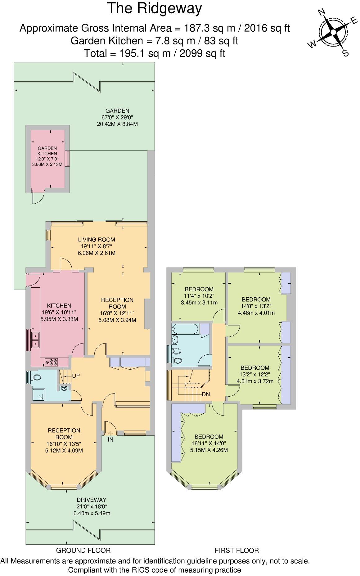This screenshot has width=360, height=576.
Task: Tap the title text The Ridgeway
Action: (154, 9)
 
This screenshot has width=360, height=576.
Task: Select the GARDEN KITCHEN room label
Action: (47, 151)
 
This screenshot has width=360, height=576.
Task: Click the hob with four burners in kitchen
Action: (52, 361)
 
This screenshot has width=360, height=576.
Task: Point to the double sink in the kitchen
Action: (35, 340)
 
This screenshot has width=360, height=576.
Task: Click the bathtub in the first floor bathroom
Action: (185, 329)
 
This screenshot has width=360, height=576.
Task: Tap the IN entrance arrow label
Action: (110, 439)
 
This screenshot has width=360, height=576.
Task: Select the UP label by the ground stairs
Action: (76, 376)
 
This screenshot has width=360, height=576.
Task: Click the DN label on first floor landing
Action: (206, 394)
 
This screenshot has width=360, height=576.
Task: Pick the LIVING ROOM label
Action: (97, 240)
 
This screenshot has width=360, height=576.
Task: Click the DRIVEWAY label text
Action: (92, 500)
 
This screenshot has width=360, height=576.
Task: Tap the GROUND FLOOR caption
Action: (83, 551)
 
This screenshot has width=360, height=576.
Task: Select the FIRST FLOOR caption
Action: (237, 551)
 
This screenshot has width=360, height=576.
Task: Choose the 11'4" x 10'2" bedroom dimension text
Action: (199, 296)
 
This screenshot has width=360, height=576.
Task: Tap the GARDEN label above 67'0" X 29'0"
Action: (117, 111)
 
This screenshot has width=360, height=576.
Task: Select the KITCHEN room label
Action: (59, 306)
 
